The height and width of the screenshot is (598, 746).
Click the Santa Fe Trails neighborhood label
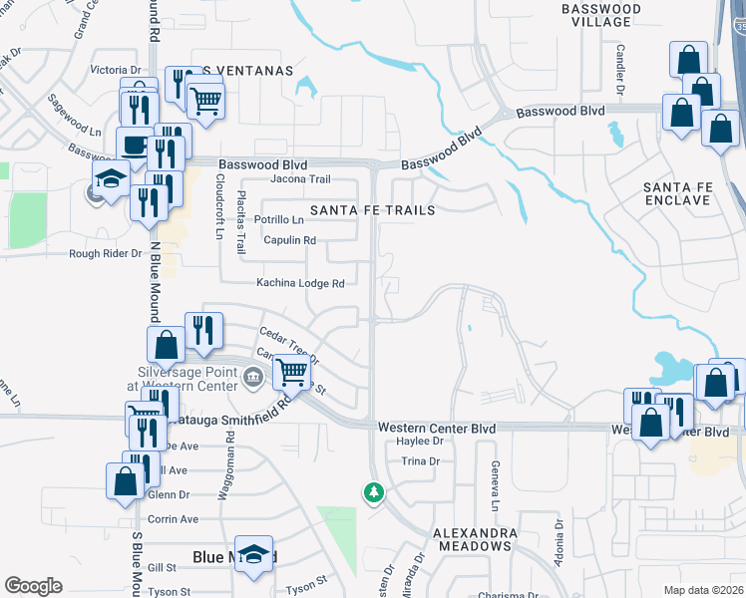point(372,210)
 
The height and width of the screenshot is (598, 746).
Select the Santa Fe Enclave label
point(690,193)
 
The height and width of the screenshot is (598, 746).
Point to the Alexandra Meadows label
point(474,539)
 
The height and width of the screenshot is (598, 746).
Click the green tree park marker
point(374,492)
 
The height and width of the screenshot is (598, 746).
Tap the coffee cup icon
point(135,145)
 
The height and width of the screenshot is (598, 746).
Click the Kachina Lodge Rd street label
point(300,283)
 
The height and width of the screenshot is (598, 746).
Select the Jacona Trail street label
point(300,179)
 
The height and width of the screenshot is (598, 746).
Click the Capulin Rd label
point(289,240)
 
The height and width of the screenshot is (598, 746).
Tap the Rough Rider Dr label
point(106,253)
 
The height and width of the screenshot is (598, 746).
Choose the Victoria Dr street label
point(116,70)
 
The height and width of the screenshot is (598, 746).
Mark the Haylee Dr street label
point(419,441)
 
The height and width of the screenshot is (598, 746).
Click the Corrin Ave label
point(173,519)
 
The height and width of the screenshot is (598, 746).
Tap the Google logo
point(33,586)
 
